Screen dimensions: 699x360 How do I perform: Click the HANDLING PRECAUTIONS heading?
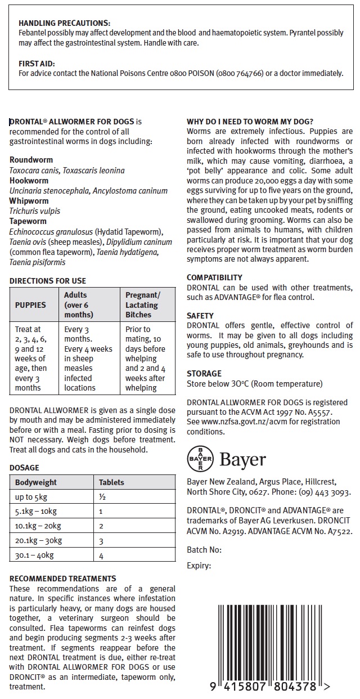coord(65,23)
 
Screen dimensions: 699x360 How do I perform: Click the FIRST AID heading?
coord(37,64)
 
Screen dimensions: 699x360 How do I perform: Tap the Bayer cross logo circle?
coord(200,459)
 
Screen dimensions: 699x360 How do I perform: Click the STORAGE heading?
coord(204,373)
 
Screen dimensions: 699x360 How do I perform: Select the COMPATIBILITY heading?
coord(214,277)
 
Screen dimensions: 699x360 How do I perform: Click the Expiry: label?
coord(199,566)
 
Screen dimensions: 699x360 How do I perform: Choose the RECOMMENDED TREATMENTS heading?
coord(63,579)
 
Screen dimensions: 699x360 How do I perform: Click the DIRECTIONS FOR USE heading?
coord(48,281)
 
